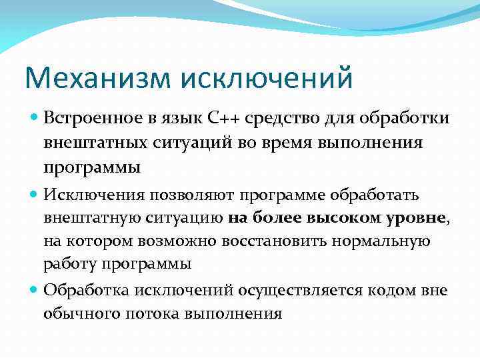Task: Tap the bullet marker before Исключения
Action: [x=33, y=194]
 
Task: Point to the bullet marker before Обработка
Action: [x=33, y=290]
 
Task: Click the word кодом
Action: [x=399, y=290]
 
